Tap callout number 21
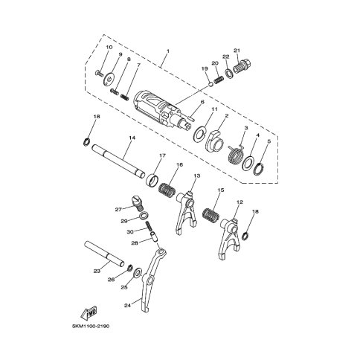point(237,51)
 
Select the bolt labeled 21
point(242,65)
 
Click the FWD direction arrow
point(89,312)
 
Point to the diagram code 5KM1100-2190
point(91,326)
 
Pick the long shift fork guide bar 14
point(118,161)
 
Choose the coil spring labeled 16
point(167,190)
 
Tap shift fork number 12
point(230,237)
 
